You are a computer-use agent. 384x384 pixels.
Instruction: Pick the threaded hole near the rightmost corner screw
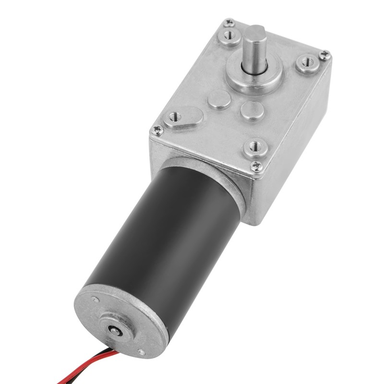click(306, 62)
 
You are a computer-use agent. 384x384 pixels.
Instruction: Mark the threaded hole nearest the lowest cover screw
click(255, 145)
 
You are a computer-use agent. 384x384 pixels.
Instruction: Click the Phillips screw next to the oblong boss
click(157, 130)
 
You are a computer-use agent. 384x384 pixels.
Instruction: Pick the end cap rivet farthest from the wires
click(95, 300)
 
